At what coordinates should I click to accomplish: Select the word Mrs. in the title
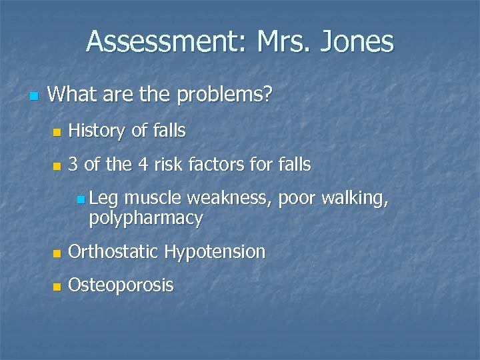276,41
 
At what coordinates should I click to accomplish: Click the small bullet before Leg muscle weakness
80,199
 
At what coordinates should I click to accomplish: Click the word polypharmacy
145,218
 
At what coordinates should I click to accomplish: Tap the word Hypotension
215,252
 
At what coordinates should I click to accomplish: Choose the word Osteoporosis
121,286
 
